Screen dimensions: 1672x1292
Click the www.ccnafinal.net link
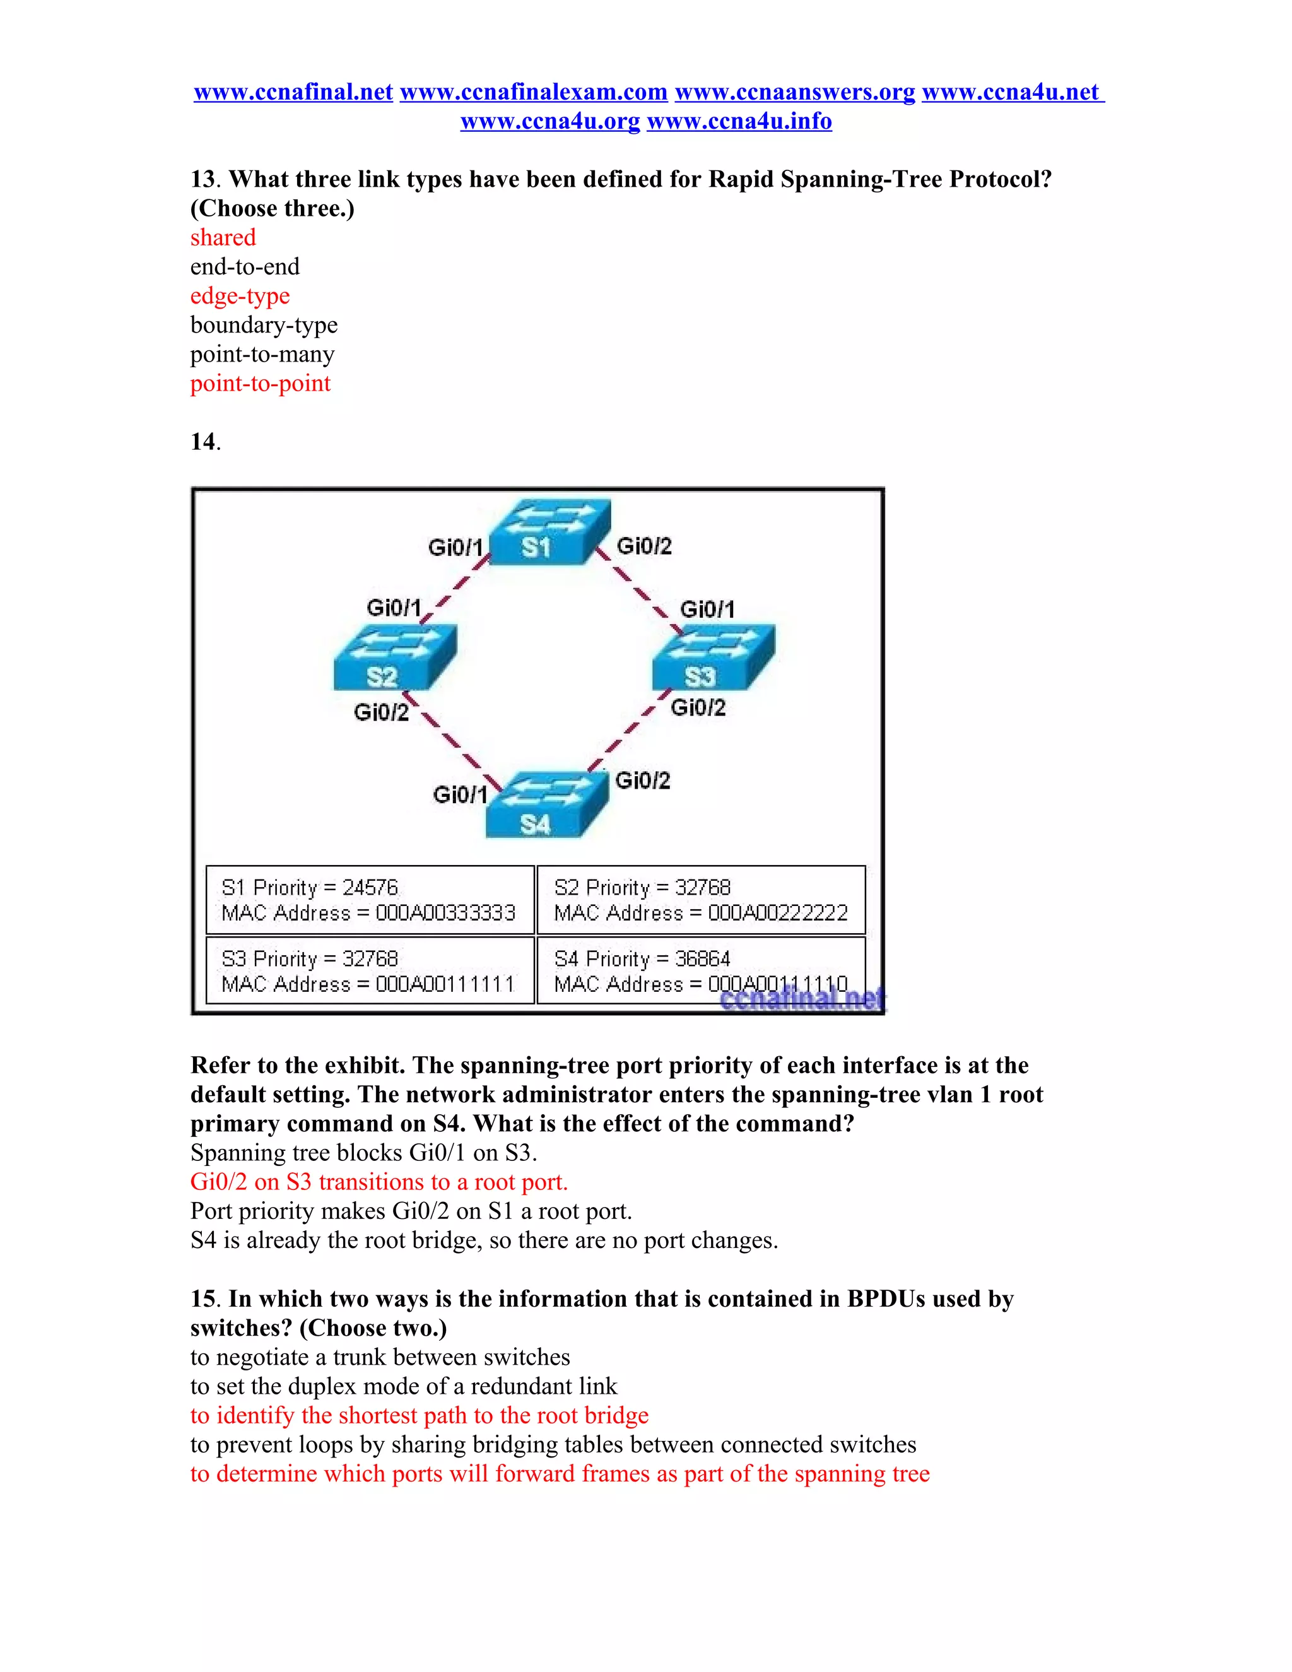pyautogui.click(x=293, y=92)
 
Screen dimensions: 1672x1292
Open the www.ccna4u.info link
pyautogui.click(x=739, y=121)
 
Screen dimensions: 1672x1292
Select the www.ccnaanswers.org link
pyautogui.click(x=794, y=92)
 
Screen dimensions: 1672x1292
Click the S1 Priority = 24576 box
pyautogui.click(x=370, y=900)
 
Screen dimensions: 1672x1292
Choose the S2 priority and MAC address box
pyautogui.click(x=700, y=900)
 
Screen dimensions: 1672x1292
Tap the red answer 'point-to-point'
pyautogui.click(x=261, y=384)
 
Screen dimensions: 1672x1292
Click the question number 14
pyautogui.click(x=204, y=442)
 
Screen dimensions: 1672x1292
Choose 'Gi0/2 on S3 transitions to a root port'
pyautogui.click(x=379, y=1182)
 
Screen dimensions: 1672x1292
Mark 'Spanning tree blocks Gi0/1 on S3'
pyautogui.click(x=363, y=1153)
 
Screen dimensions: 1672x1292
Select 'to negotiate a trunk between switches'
pyautogui.click(x=380, y=1357)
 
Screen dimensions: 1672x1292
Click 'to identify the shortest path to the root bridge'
pyautogui.click(x=419, y=1416)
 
